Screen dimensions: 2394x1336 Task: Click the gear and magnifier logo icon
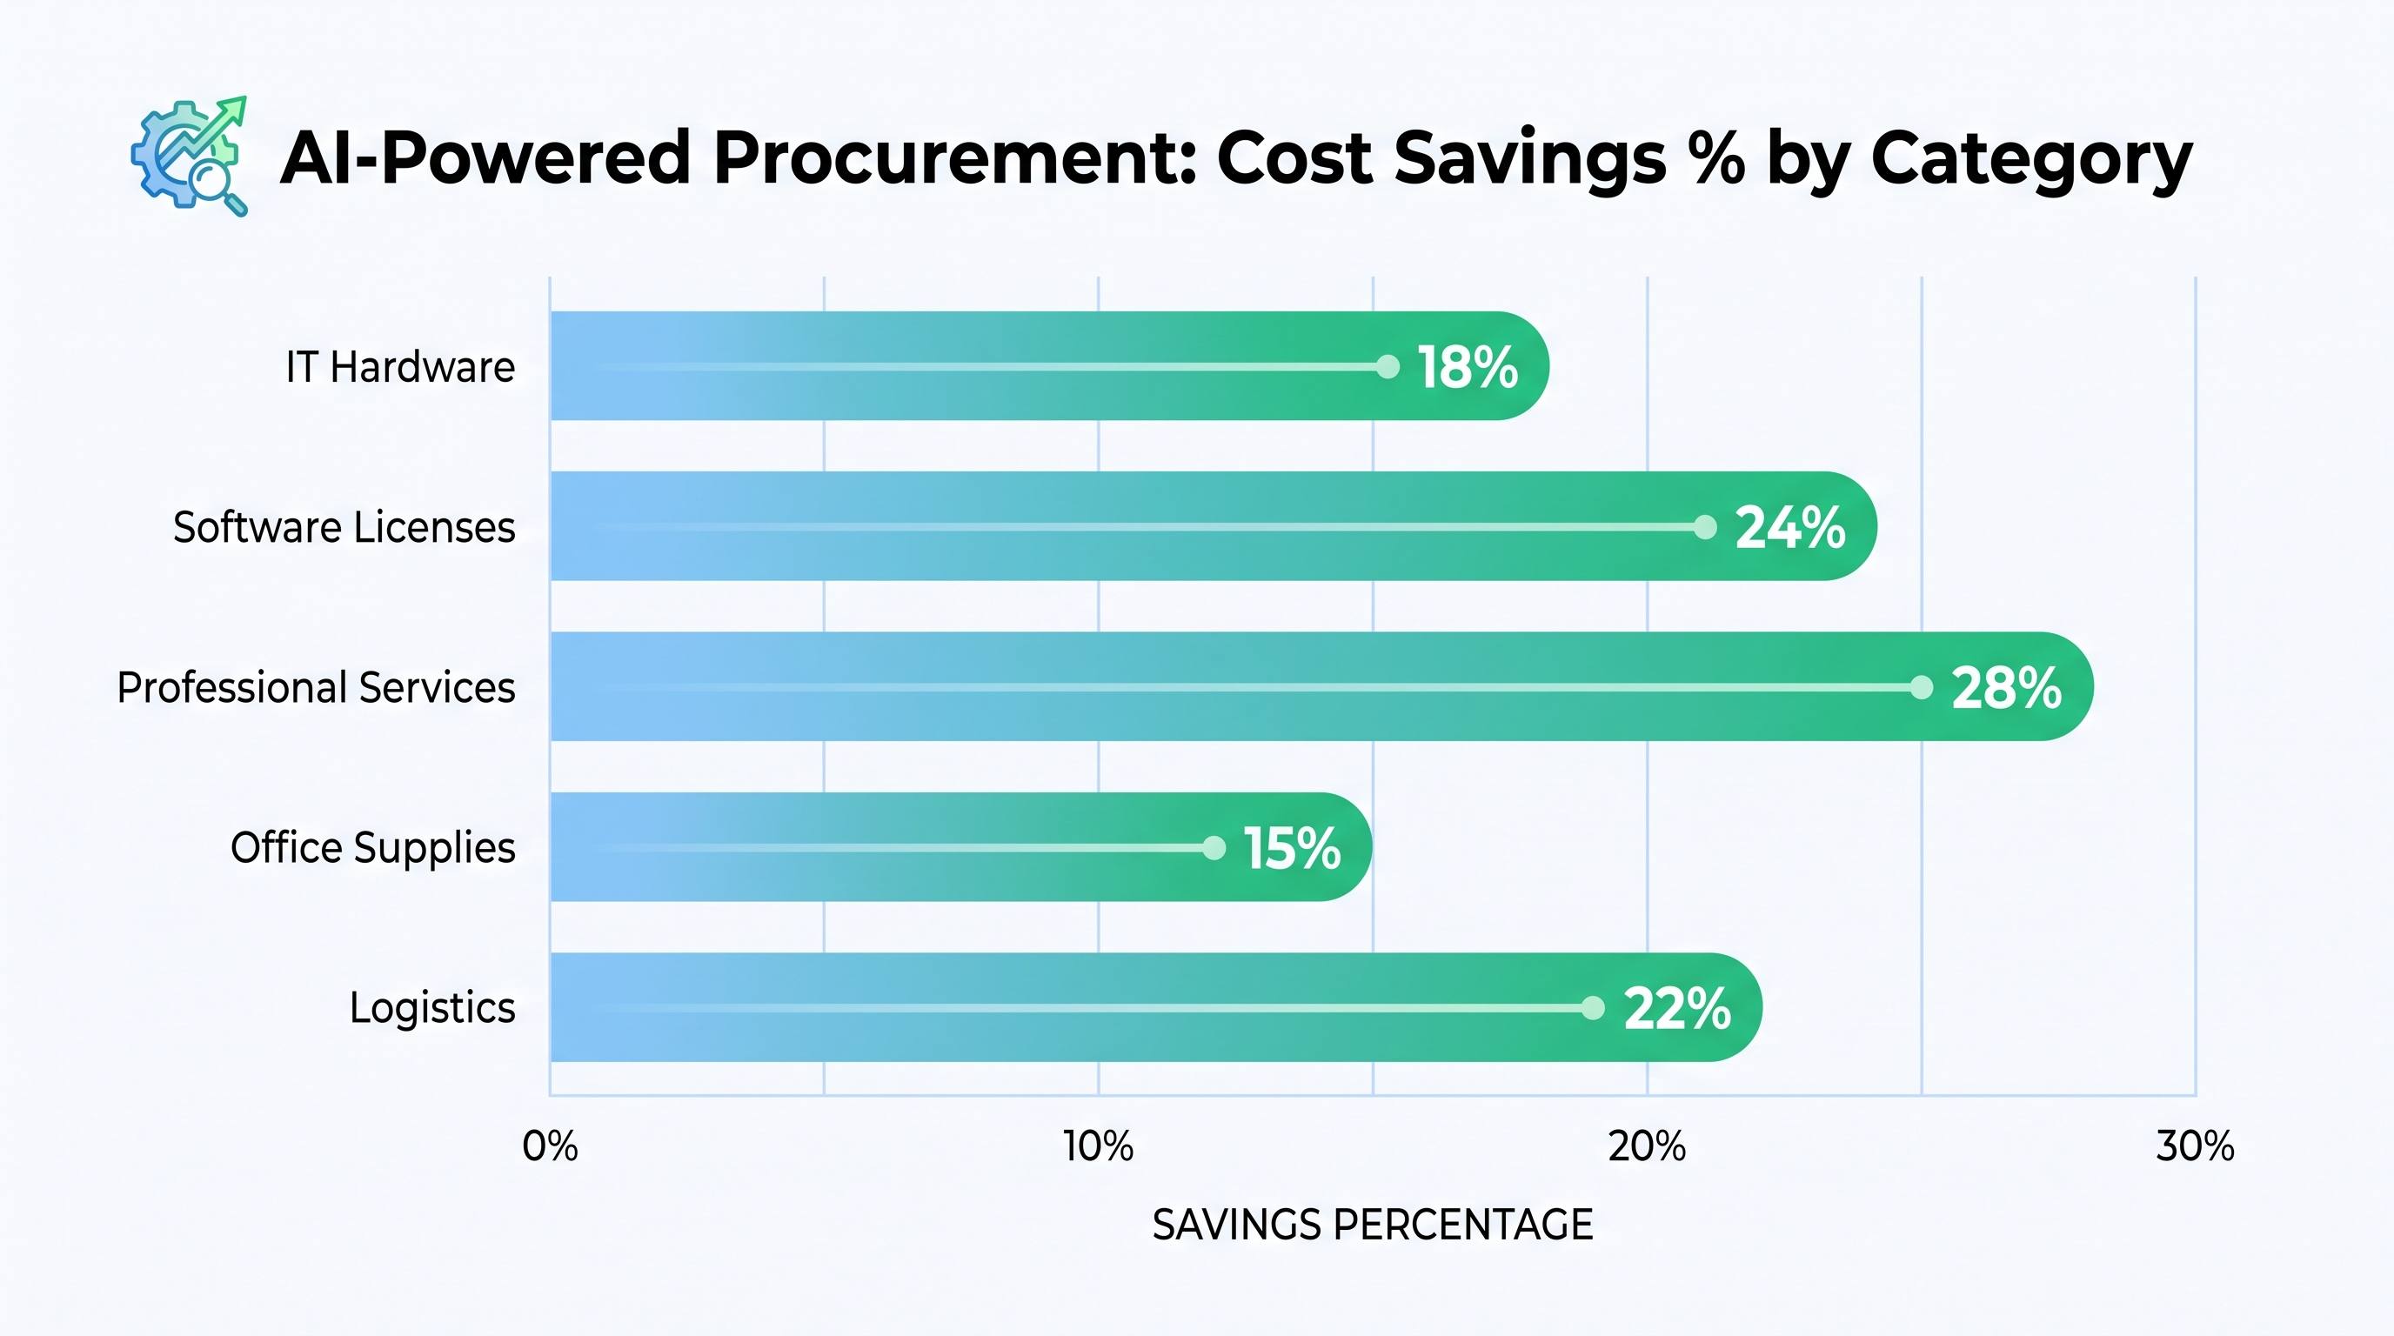[x=190, y=156]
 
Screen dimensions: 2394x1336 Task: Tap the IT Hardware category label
[x=399, y=367]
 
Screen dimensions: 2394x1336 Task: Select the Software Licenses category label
[x=344, y=528]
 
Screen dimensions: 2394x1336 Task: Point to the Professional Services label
[x=316, y=687]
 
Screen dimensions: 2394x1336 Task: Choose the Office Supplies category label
[x=372, y=848]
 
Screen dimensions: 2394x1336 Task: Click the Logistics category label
[x=432, y=1008]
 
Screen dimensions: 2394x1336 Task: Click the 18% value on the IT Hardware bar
[x=1468, y=367]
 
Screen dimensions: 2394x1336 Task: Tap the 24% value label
[x=1790, y=528]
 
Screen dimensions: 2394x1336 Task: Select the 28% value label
[x=2007, y=688]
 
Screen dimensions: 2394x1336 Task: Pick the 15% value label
[x=1292, y=848]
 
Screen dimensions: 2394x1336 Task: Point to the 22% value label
[x=1676, y=1009]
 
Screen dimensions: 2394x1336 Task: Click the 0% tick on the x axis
[x=550, y=1146]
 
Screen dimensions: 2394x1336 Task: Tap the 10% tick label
[x=1099, y=1146]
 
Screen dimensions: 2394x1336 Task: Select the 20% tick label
[x=1647, y=1146]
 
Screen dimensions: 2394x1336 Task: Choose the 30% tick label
[x=2195, y=1146]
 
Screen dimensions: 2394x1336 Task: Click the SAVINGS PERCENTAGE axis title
[x=1373, y=1226]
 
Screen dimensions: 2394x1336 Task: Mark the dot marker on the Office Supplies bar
[x=1214, y=847]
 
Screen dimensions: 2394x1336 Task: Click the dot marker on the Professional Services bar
[x=1921, y=687]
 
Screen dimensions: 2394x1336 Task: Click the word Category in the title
[x=2031, y=160]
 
